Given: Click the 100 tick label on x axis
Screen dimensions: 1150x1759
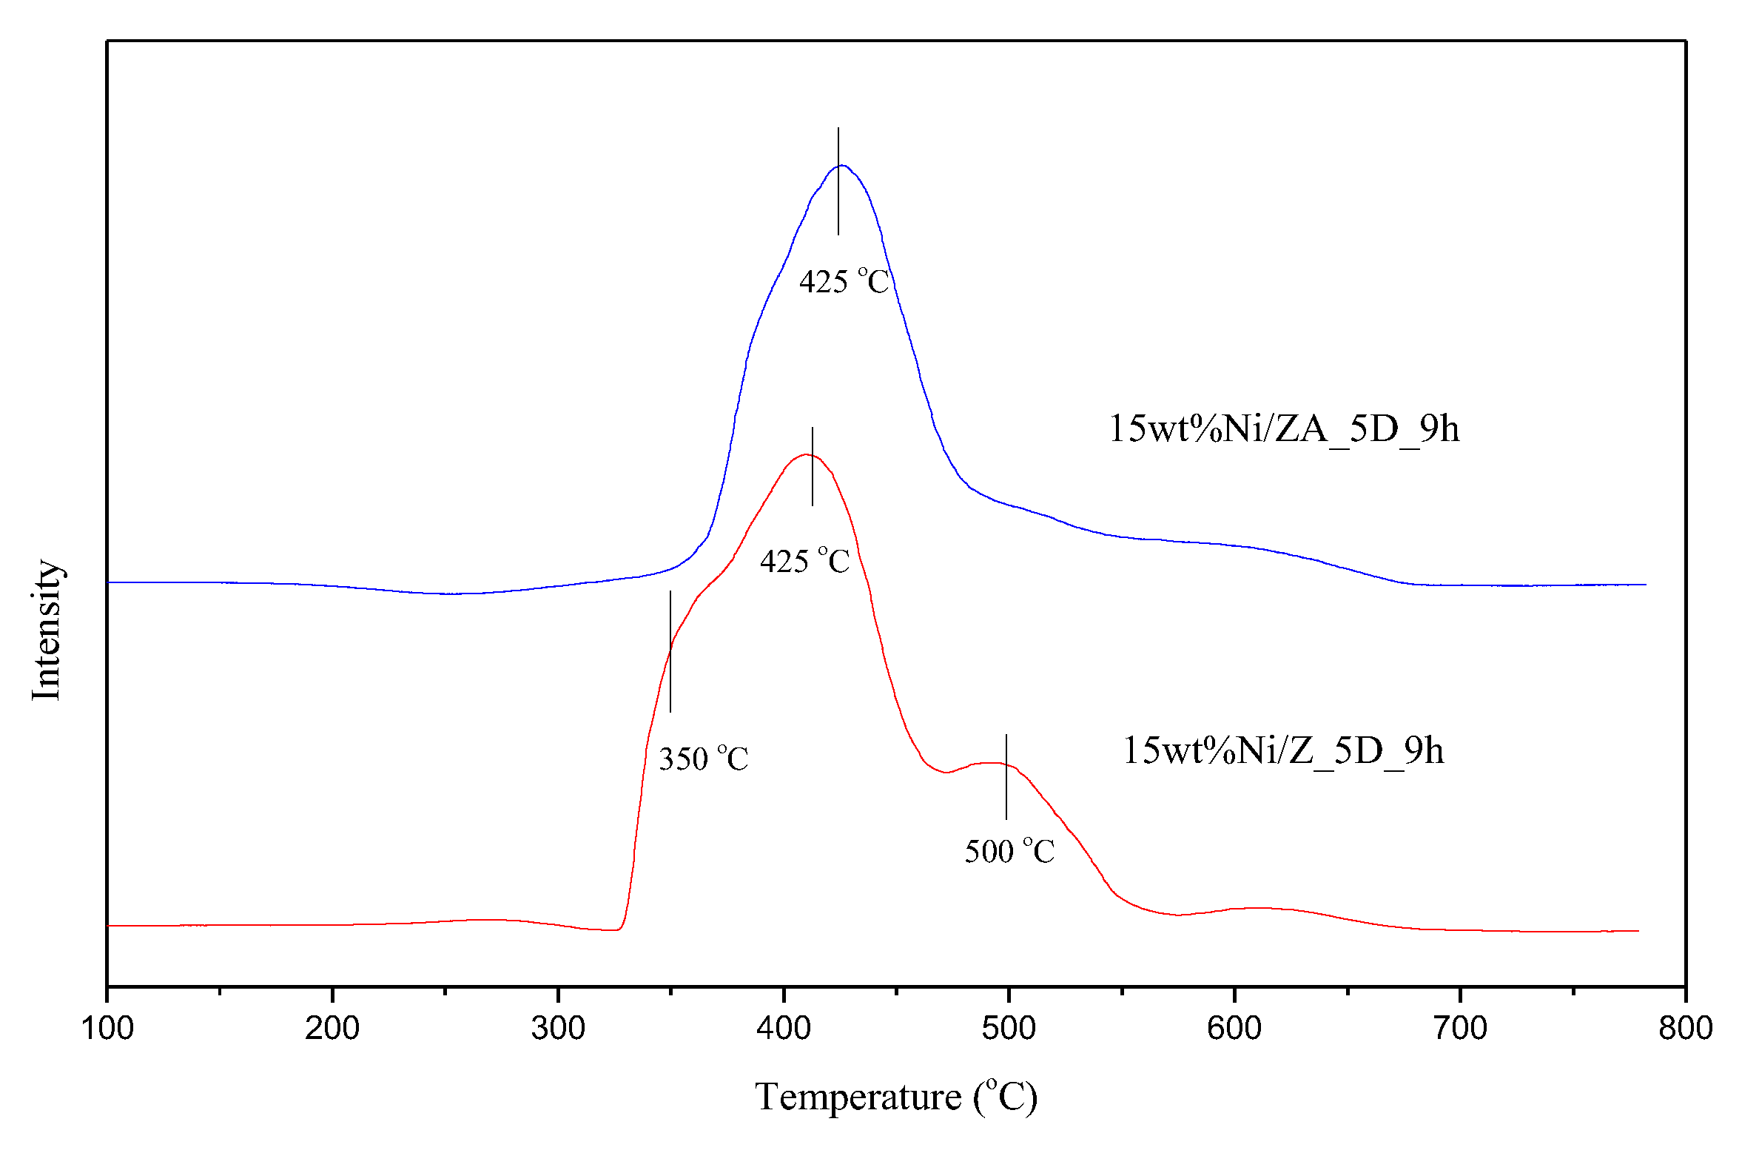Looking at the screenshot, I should click(x=107, y=1029).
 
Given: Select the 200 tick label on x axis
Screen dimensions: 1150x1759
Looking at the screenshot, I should click(x=332, y=1029).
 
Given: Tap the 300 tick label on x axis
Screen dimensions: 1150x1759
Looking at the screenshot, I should click(x=558, y=1029).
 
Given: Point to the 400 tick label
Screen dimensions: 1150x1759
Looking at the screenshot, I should click(x=784, y=1029).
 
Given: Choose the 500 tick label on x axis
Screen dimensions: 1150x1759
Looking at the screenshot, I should click(x=1009, y=1029).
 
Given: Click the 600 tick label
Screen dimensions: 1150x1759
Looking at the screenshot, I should click(x=1234, y=1029).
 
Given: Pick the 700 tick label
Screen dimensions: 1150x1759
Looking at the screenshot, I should click(x=1460, y=1029).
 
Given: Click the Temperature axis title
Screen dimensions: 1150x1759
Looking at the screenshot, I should click(x=895, y=1097).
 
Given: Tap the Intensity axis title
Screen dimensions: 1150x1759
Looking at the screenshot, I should click(x=46, y=630).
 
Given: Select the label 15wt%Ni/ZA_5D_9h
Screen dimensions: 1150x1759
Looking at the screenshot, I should click(x=1284, y=429).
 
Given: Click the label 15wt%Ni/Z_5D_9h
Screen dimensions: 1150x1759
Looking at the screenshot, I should click(x=1283, y=751).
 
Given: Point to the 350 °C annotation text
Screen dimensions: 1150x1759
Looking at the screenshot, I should click(x=703, y=759).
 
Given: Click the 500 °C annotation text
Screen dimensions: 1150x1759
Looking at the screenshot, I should click(x=1009, y=852).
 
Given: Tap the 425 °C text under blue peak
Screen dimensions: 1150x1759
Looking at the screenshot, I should click(x=844, y=282).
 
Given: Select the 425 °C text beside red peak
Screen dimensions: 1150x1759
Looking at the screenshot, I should click(x=804, y=562).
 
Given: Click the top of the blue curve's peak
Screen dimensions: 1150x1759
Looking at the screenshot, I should click(x=842, y=166).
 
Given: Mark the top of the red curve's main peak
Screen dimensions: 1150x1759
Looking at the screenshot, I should click(x=807, y=454).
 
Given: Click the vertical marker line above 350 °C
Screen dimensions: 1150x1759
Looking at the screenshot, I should click(x=670, y=651).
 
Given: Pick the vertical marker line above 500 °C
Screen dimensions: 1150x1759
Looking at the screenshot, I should click(x=1006, y=776).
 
